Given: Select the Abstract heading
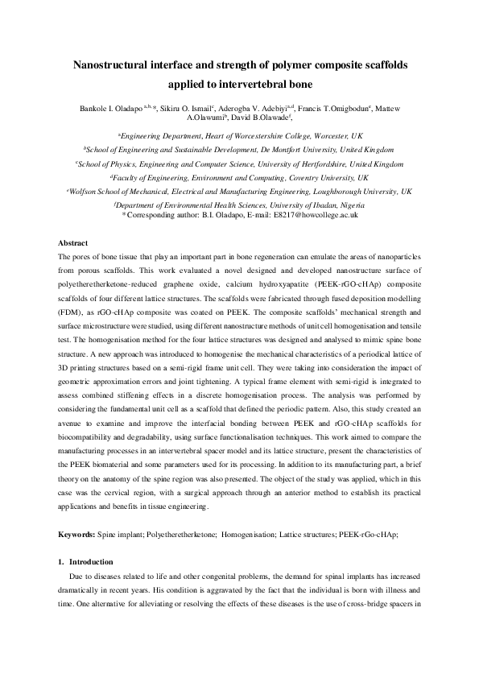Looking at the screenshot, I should [74, 242].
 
